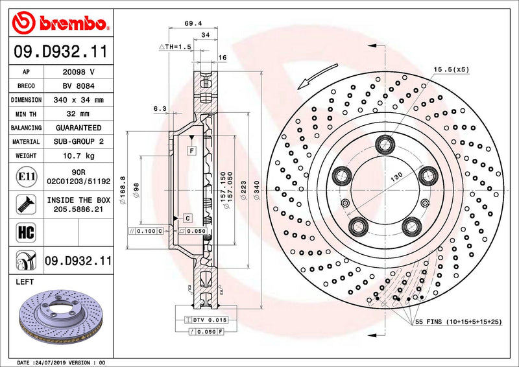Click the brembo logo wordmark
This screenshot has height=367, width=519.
[x=71, y=24]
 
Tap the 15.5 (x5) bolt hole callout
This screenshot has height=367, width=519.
[x=452, y=69]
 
